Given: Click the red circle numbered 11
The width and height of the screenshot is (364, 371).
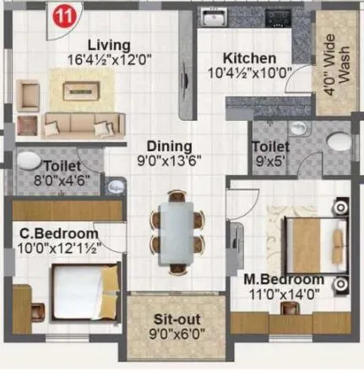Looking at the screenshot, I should point(61,15).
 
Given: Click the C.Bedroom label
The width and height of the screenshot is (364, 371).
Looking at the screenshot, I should point(59,232).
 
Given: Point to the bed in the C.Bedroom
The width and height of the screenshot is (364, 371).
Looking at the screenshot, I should point(81,288).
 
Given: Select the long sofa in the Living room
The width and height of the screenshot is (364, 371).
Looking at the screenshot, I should point(78,124).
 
